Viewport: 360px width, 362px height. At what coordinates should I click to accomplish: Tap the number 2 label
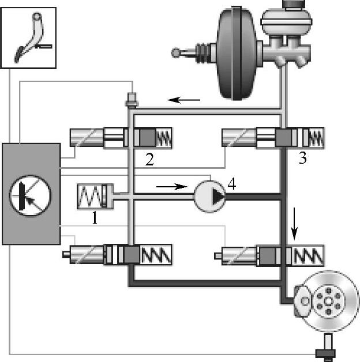pyautogui.click(x=149, y=160)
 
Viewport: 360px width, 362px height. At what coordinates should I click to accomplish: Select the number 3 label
pyautogui.click(x=302, y=160)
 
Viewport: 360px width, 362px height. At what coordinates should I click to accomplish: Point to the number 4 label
pyautogui.click(x=232, y=184)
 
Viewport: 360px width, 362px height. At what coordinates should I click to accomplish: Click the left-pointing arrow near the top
pyautogui.click(x=184, y=100)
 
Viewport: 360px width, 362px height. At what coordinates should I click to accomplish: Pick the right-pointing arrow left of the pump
pyautogui.click(x=172, y=186)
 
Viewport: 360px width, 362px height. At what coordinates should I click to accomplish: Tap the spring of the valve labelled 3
pyautogui.click(x=314, y=138)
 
